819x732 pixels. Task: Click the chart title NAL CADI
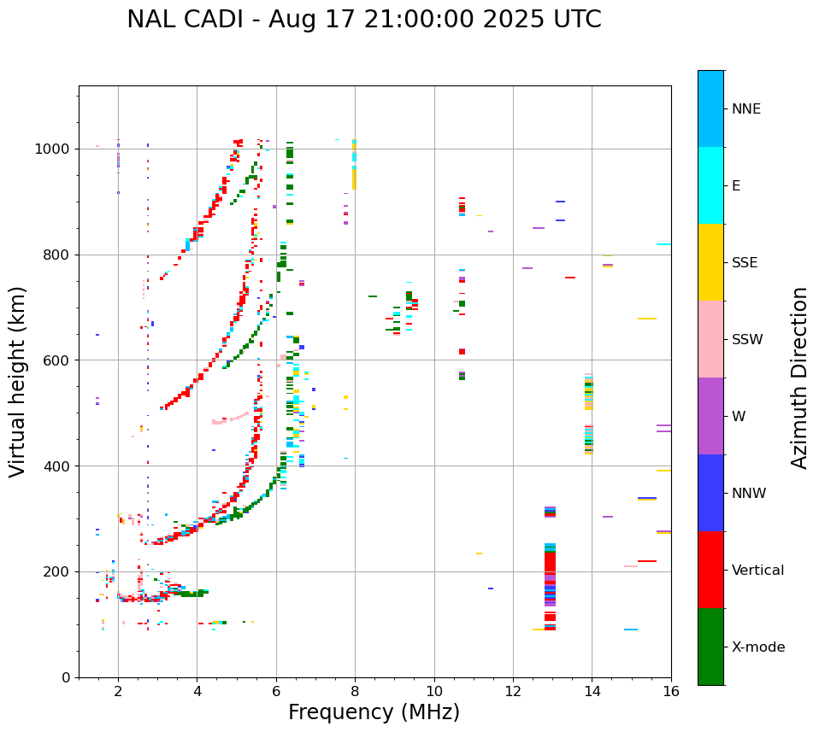click(x=363, y=20)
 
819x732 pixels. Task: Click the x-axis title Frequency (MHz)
click(x=374, y=712)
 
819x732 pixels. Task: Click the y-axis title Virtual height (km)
click(x=18, y=382)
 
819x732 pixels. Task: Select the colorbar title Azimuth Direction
click(x=799, y=378)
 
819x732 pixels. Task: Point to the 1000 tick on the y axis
click(x=55, y=149)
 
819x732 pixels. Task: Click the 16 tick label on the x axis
click(x=671, y=691)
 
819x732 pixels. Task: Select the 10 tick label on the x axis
click(x=434, y=691)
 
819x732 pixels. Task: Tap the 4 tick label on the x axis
click(x=197, y=691)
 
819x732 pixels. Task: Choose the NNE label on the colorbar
click(x=746, y=109)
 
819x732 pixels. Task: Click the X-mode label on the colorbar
click(x=758, y=647)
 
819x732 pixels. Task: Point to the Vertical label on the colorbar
click(x=757, y=571)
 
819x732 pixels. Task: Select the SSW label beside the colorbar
click(x=747, y=340)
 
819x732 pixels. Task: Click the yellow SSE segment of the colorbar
click(x=710, y=262)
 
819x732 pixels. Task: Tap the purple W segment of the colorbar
click(x=710, y=416)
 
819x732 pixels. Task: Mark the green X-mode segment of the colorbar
click(x=710, y=647)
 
